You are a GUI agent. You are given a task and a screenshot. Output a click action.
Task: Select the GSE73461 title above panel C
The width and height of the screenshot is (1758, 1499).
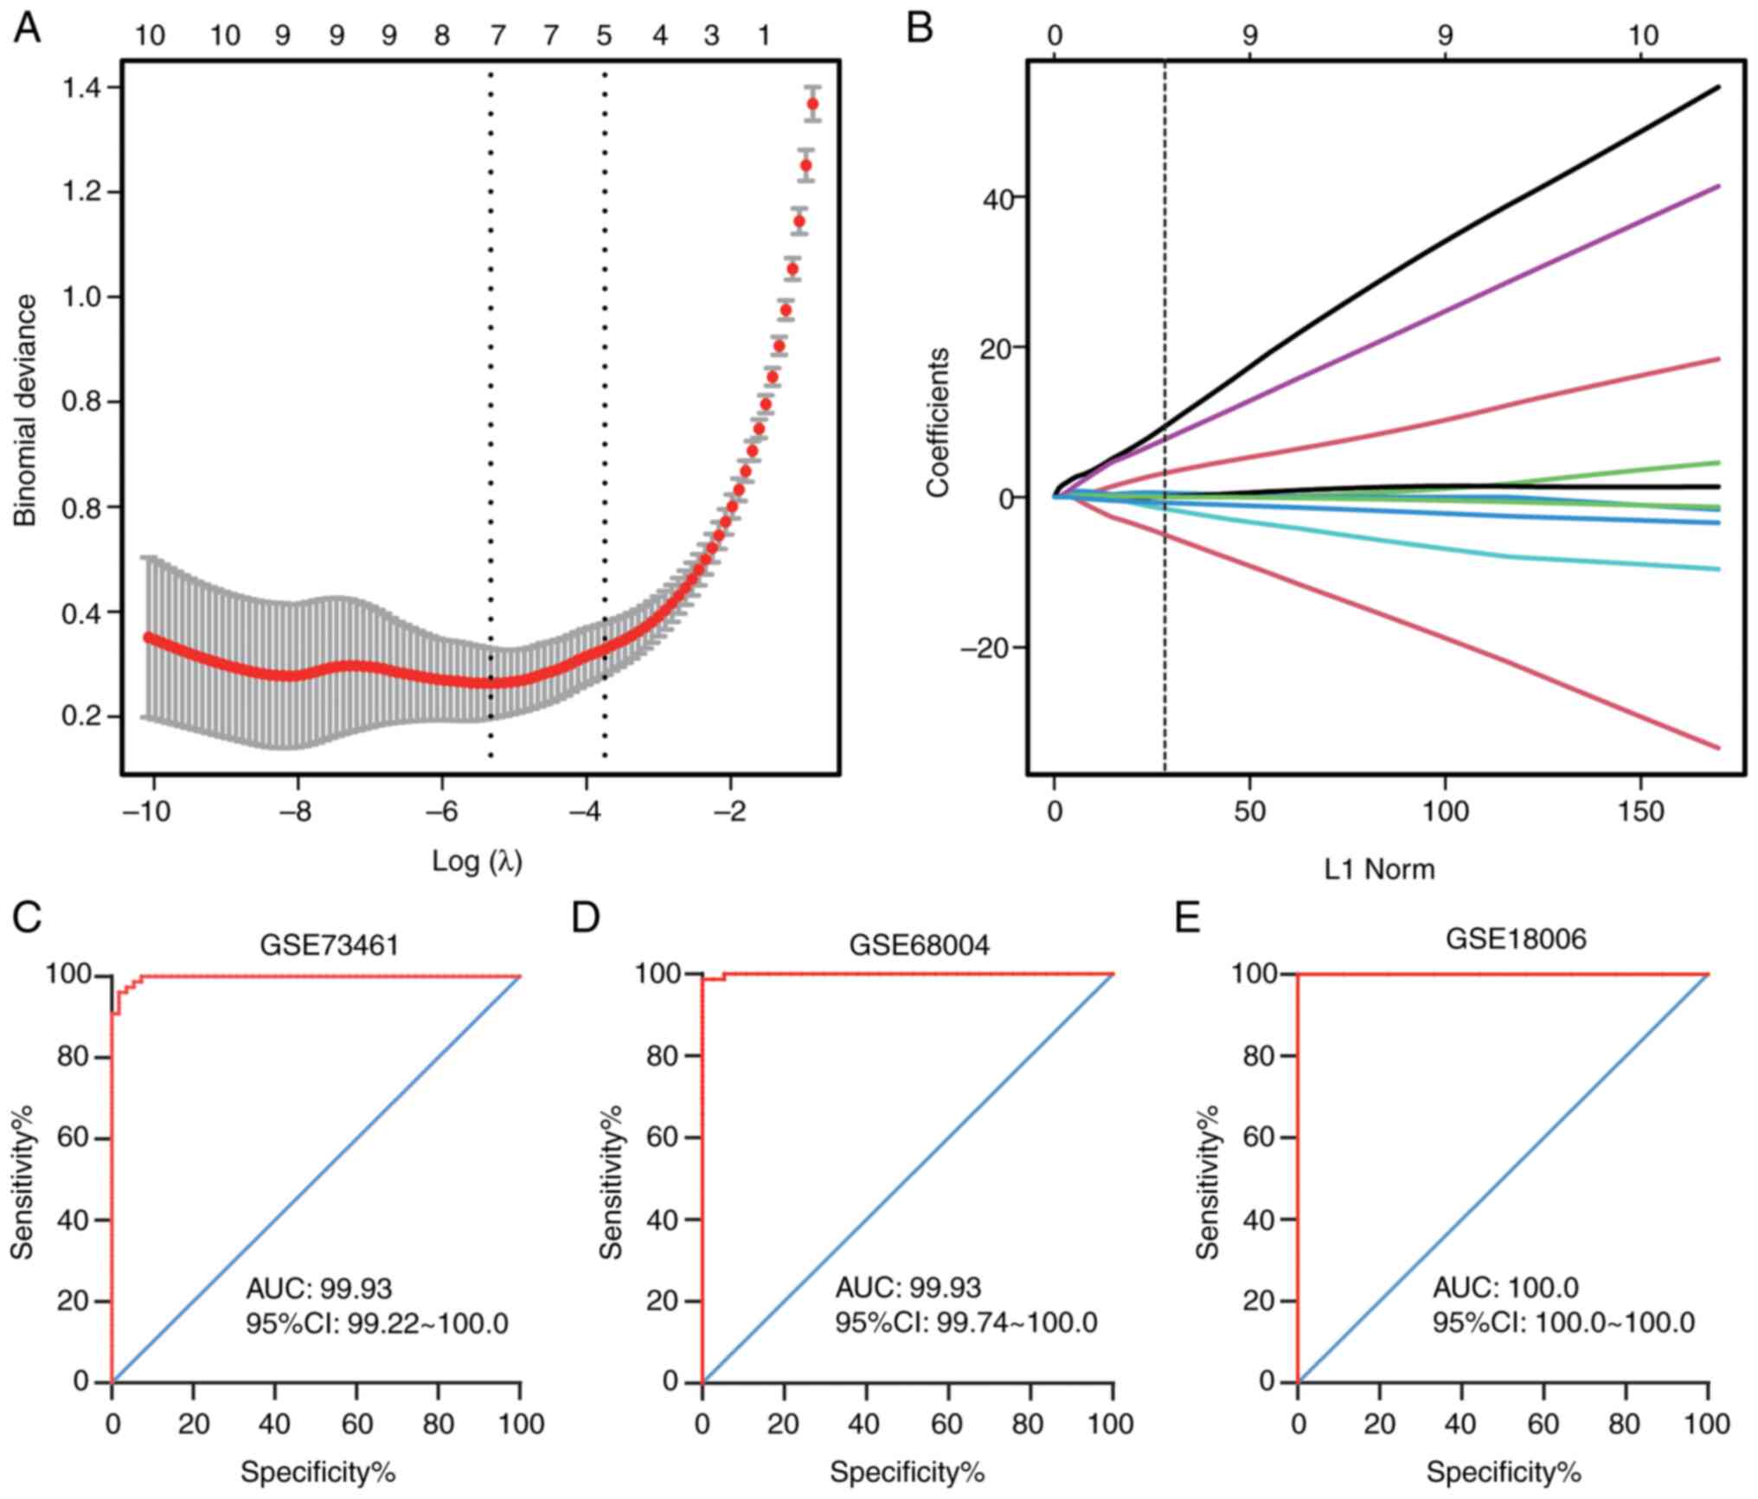pos(330,945)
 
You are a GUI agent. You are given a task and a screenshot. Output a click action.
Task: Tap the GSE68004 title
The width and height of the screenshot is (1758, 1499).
pos(919,945)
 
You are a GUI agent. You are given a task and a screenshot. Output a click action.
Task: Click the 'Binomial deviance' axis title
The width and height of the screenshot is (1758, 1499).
pos(27,410)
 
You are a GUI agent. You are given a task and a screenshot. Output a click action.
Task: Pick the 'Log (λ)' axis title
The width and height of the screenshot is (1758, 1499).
pos(477,861)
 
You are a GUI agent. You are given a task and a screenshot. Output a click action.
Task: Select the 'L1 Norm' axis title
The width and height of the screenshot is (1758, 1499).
pos(1379,868)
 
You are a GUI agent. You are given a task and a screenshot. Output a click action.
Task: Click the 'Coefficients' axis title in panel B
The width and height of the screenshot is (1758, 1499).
pos(938,423)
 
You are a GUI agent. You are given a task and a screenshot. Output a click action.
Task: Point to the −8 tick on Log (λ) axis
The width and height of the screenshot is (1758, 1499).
pos(298,813)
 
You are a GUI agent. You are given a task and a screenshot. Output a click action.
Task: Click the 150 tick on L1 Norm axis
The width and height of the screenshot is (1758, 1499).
pos(1641,813)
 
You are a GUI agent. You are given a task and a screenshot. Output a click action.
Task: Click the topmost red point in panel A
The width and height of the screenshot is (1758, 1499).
pos(812,104)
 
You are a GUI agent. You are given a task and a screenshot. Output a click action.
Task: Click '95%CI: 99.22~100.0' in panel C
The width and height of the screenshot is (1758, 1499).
pos(377,1323)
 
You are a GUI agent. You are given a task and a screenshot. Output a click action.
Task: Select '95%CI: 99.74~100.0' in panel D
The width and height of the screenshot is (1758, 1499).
pos(966,1323)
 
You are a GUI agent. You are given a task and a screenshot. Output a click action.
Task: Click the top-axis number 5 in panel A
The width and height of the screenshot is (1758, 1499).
pos(604,35)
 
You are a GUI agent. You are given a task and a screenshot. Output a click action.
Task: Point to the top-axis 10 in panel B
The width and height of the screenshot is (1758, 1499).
pos(1643,35)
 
